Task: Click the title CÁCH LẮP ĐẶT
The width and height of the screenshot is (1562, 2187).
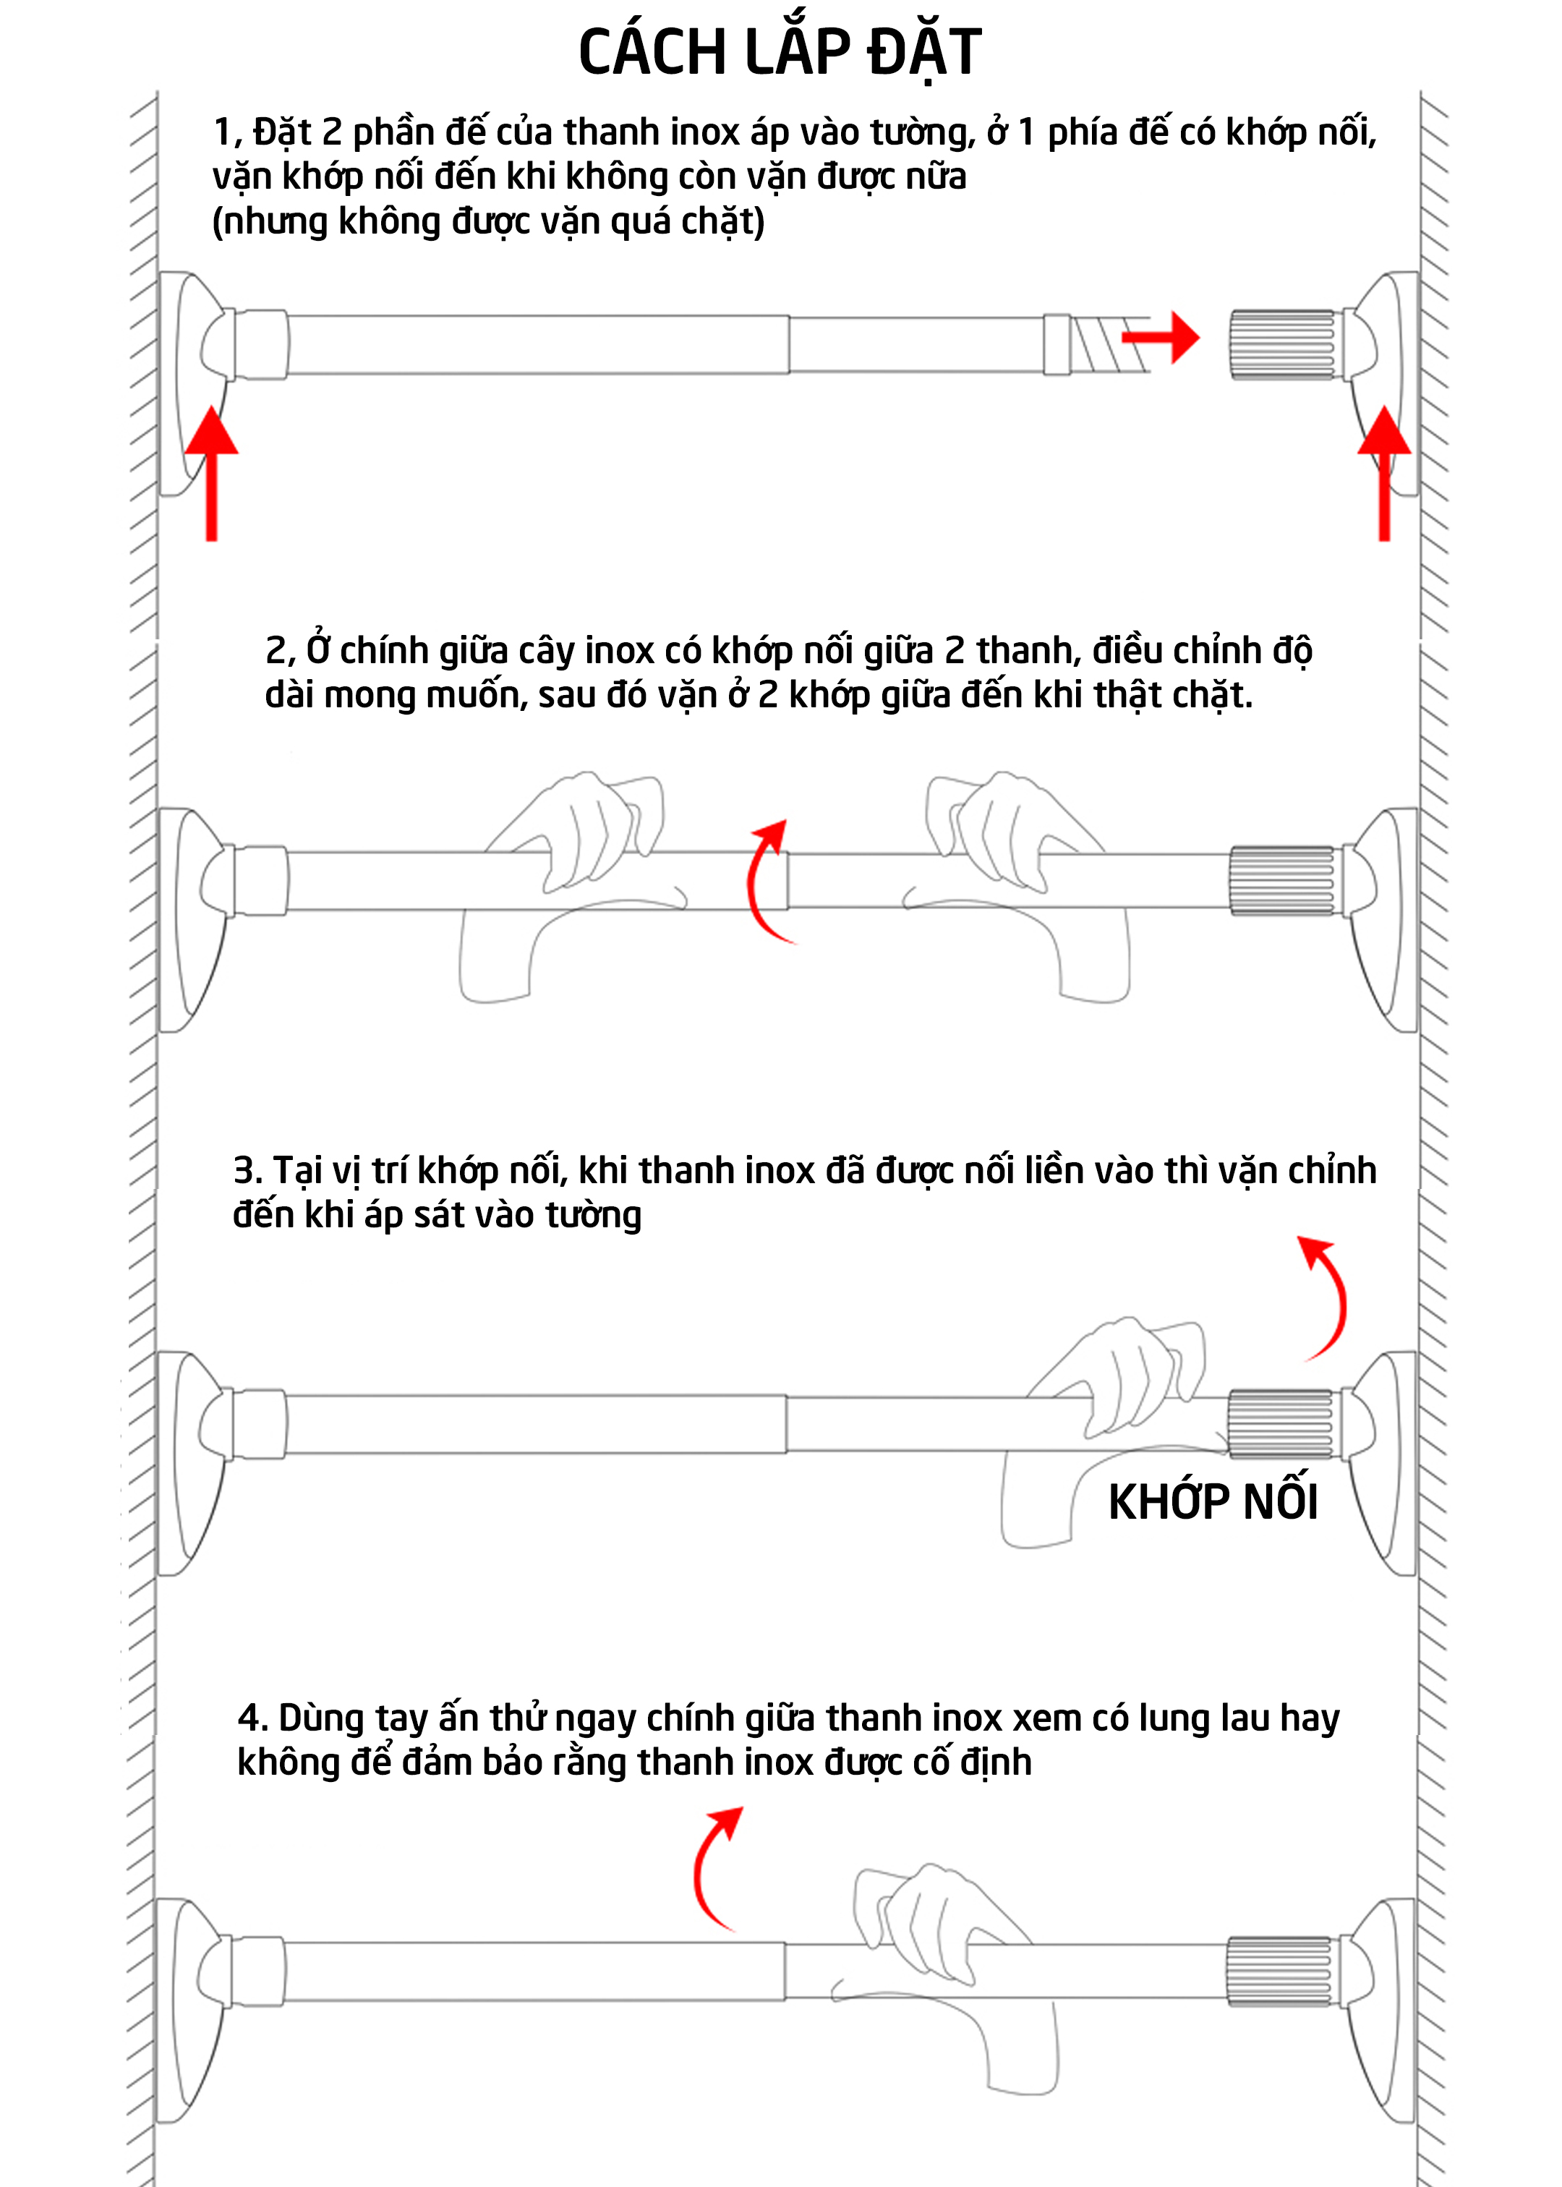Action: coord(780,52)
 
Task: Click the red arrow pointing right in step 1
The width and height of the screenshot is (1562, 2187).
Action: coord(1161,336)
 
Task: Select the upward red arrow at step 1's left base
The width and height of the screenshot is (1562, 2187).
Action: coord(212,473)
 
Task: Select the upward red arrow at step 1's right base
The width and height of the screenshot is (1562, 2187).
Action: coord(1384,473)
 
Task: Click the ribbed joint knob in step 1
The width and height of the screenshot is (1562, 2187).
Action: coord(1282,344)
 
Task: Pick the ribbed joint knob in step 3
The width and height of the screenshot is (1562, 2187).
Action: coord(1280,1424)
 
